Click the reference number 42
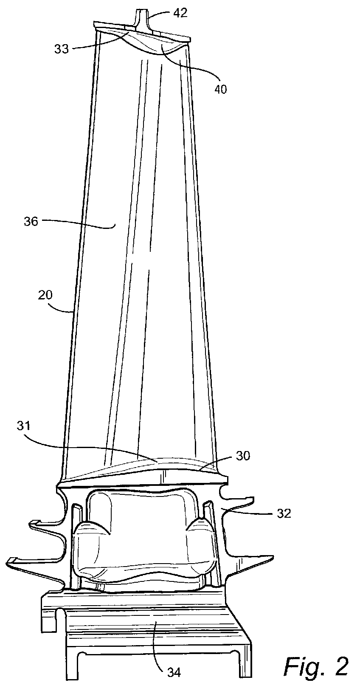pos(180,13)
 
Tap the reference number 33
pos(62,49)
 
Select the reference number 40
pos(221,90)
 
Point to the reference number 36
pos(31,222)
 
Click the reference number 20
pos(45,295)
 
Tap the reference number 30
pos(243,456)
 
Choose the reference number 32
pos(284,513)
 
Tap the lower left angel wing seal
pos(34,563)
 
